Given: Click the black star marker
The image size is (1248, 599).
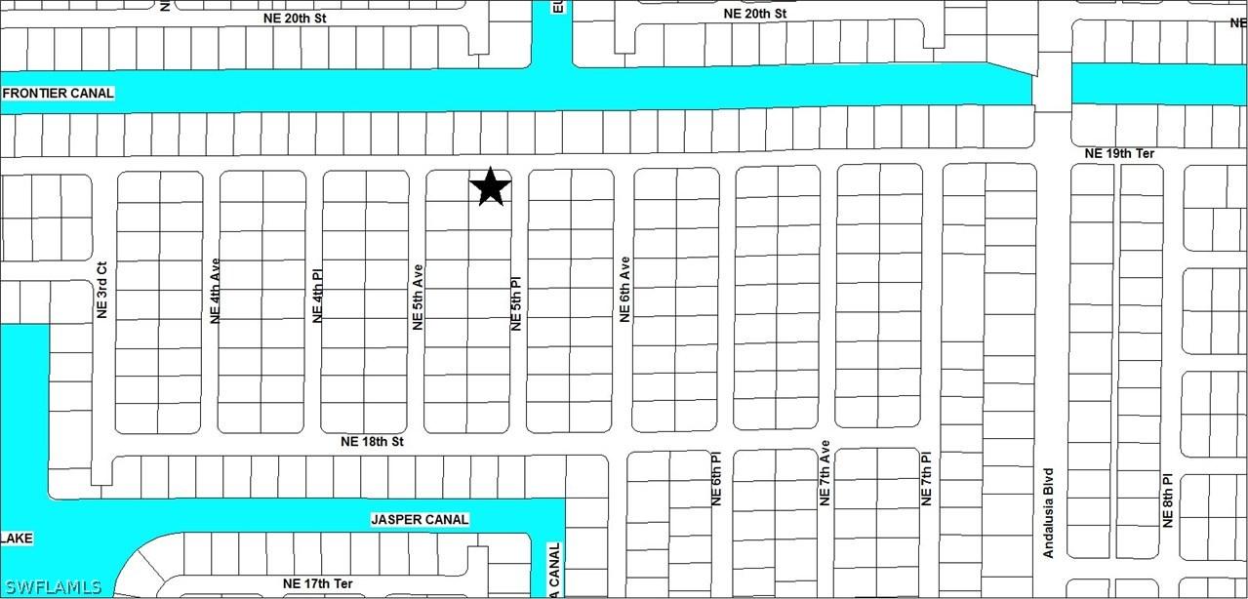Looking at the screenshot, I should (x=491, y=186).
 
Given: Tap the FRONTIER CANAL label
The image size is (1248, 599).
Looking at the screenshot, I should (x=59, y=94).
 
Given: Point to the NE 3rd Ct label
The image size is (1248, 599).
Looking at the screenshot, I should (x=101, y=291).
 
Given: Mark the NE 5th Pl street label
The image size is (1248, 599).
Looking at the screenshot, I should (x=517, y=303).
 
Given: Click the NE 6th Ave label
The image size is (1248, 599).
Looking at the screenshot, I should (x=624, y=290).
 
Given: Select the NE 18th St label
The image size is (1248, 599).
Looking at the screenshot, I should (x=372, y=442).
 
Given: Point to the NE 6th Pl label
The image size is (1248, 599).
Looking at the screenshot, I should (x=716, y=478).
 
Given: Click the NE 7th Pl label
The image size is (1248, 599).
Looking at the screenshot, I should (x=927, y=478).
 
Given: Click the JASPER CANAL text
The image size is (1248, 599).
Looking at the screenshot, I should (x=419, y=520).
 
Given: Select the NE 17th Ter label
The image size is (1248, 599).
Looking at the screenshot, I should (x=317, y=584).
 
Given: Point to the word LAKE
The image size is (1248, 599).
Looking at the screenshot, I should (x=17, y=539).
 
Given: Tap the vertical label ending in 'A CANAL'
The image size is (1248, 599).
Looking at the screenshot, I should (x=554, y=570).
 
